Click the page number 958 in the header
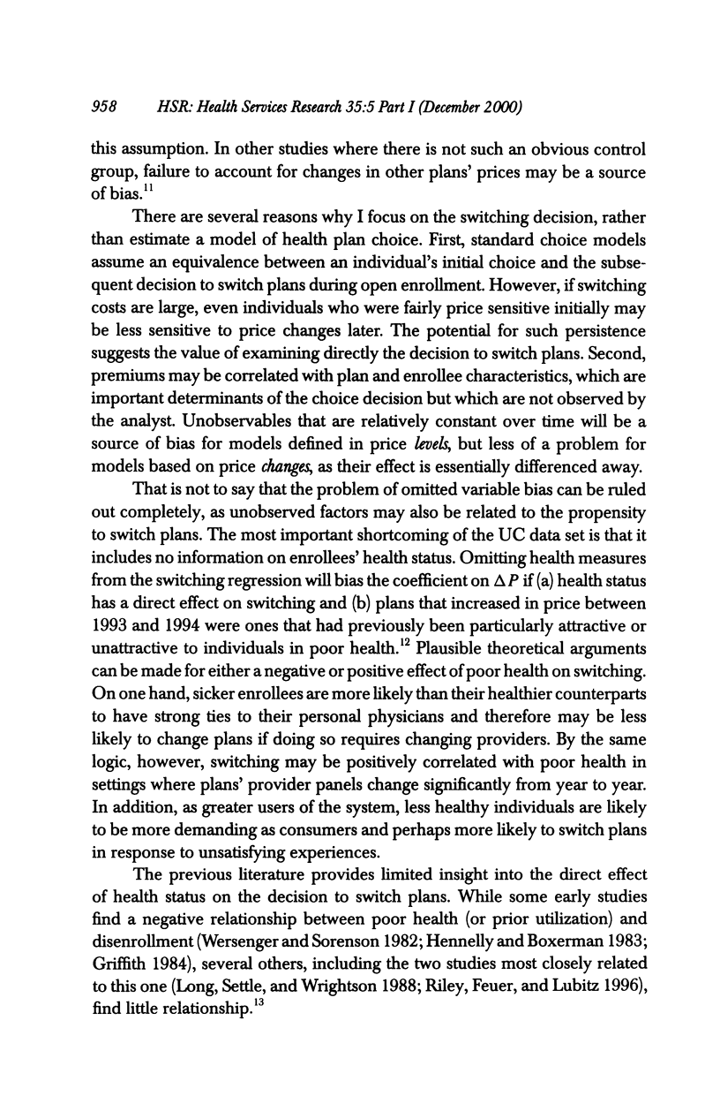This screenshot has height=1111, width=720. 104,107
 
